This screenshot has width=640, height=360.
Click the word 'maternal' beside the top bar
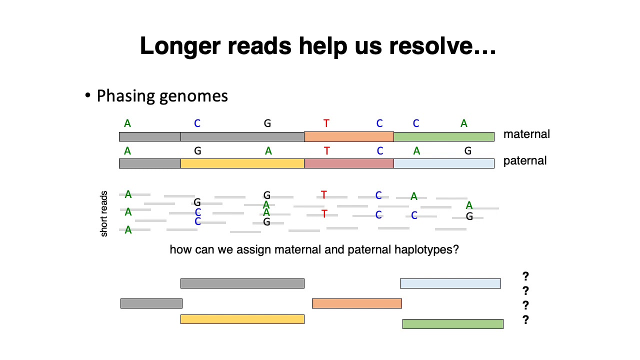[526, 134]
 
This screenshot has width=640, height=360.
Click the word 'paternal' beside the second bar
[525, 161]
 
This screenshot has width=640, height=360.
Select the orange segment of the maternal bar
[348, 136]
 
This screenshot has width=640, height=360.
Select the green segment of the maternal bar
[443, 136]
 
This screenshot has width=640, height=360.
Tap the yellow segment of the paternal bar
[242, 163]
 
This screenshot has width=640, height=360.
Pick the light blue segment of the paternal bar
[443, 163]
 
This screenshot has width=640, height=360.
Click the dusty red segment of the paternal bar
[348, 163]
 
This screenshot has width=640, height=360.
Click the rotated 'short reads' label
[104, 213]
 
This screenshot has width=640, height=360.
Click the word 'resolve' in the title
[434, 45]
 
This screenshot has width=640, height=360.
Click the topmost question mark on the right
[525, 276]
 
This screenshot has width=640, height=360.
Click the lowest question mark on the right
[525, 320]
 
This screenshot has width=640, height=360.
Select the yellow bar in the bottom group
[242, 319]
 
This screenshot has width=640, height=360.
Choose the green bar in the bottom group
[452, 324]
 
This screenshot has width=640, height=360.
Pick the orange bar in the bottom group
[356, 303]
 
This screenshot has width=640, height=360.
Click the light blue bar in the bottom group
[450, 283]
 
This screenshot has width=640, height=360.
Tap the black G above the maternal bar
[267, 123]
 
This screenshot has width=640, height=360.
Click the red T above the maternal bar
[326, 123]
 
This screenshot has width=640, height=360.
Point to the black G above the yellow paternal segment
[197, 150]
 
